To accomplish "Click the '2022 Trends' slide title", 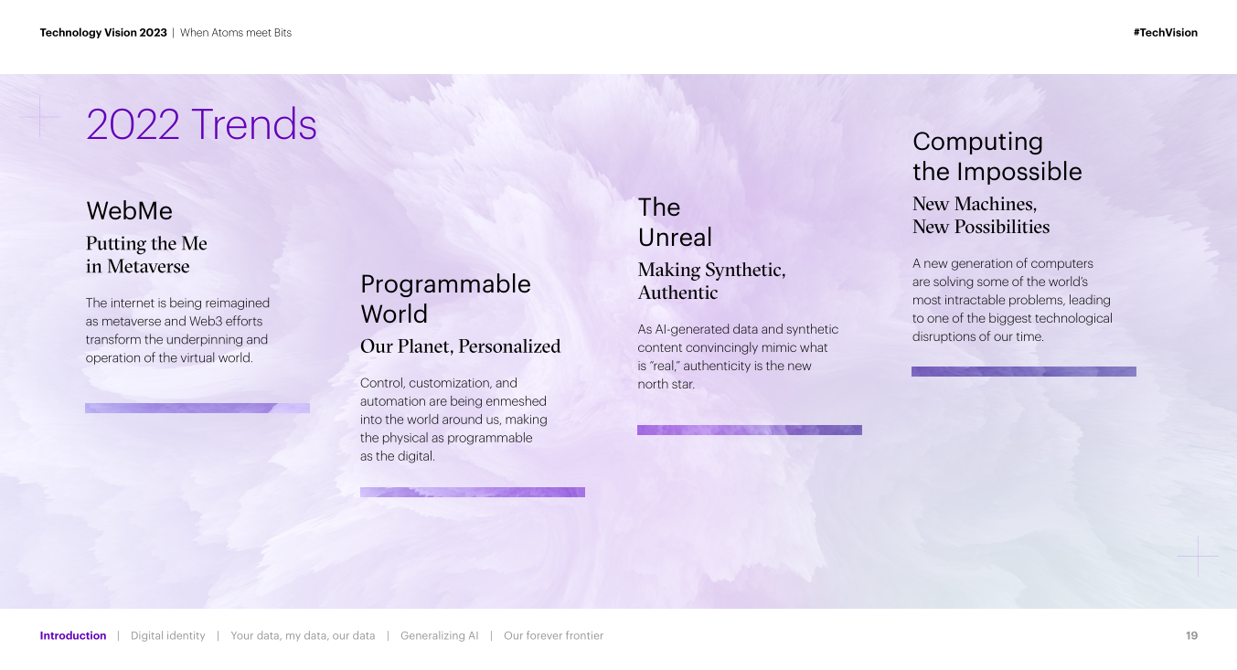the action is click(201, 124).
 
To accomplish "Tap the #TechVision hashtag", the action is click(1165, 33).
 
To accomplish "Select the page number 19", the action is click(1191, 636).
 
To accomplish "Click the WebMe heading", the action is click(129, 211).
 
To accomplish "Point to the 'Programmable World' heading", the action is click(445, 299).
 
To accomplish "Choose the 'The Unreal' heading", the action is click(675, 222).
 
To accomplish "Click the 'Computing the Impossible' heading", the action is click(997, 156).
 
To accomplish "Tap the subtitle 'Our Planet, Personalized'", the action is click(460, 346).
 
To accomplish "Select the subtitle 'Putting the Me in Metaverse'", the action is click(146, 254).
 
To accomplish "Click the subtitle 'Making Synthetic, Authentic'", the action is click(712, 281).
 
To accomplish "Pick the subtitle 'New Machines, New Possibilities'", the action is click(981, 215).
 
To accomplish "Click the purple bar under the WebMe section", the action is click(197, 408).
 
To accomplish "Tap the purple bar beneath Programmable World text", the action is click(472, 493).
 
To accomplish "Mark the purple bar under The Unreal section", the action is click(750, 430).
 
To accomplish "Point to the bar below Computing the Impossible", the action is click(1024, 371).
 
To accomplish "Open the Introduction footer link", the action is click(73, 636).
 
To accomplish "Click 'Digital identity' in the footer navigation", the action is click(168, 636).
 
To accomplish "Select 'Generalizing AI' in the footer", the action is click(440, 636).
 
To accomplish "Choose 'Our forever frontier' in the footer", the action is click(553, 636).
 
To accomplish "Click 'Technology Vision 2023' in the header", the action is click(103, 33).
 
